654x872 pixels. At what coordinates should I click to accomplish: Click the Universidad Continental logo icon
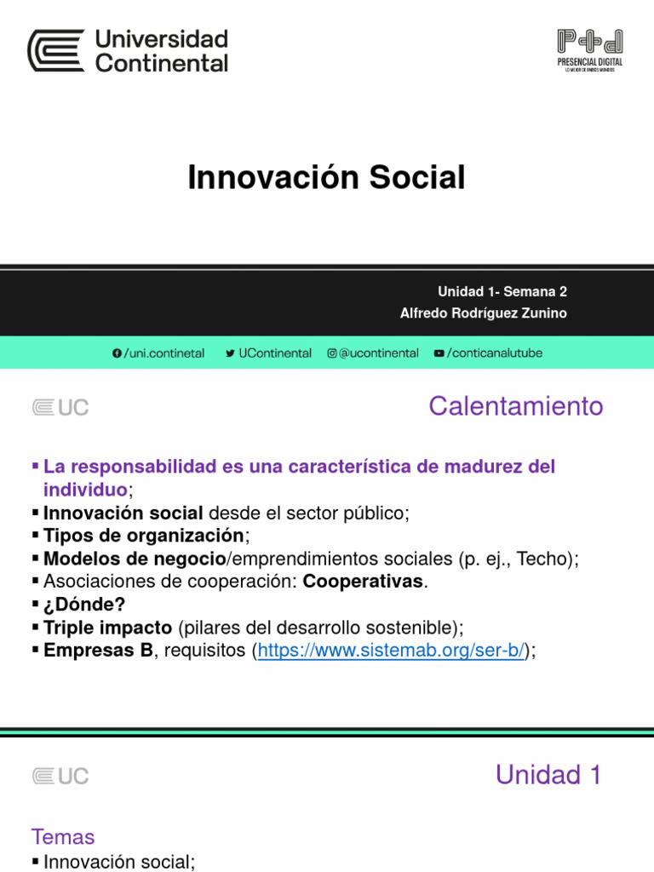[56, 51]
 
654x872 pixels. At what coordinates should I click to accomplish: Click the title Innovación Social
[326, 178]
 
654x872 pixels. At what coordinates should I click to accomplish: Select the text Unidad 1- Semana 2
[502, 291]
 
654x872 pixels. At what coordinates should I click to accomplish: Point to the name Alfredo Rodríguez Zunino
[483, 313]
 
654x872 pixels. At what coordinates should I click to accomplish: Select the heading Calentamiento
[515, 406]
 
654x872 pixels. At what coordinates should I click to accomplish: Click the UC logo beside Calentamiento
[60, 408]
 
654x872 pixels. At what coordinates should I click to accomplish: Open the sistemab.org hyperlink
[391, 651]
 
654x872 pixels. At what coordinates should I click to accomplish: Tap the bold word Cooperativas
[364, 582]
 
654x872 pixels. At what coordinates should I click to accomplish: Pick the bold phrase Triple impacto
[107, 628]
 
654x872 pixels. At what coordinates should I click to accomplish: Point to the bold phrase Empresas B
[99, 651]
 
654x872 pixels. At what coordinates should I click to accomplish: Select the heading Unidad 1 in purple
[548, 775]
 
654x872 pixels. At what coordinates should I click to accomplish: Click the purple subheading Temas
[63, 837]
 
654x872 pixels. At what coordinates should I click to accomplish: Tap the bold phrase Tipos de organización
[143, 536]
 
